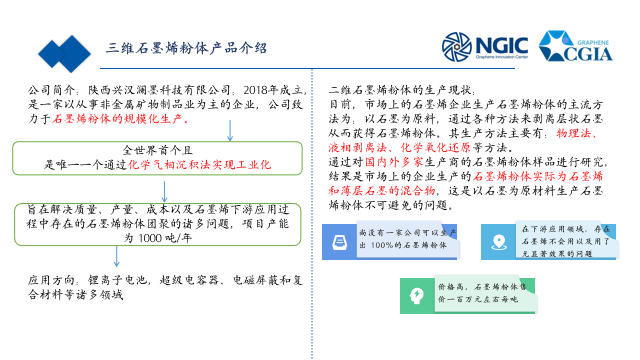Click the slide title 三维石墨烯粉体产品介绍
pos(187,48)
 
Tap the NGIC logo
pos(484,47)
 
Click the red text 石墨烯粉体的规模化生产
pos(121,119)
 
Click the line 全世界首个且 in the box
pos(157,149)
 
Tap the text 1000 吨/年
pos(163,239)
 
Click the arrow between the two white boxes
pos(164,191)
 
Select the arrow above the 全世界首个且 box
pos(230,130)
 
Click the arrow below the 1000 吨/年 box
pos(116,256)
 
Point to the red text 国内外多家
pos(394,161)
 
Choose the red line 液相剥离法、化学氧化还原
pos(400,147)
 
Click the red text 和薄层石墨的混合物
pos(381,189)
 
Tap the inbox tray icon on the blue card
pos(339,241)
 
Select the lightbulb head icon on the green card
pos(417,296)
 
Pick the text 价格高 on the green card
pos(452,287)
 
